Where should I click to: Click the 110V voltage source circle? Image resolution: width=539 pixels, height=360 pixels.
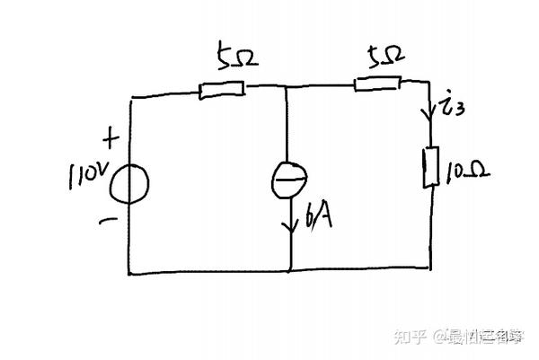pyautogui.click(x=131, y=184)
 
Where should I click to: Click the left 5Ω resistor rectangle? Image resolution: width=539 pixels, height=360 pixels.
pyautogui.click(x=222, y=89)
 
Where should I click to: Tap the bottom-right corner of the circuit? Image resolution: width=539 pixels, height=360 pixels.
pyautogui.click(x=432, y=267)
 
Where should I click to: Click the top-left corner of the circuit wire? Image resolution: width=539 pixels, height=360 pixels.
pyautogui.click(x=132, y=96)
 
